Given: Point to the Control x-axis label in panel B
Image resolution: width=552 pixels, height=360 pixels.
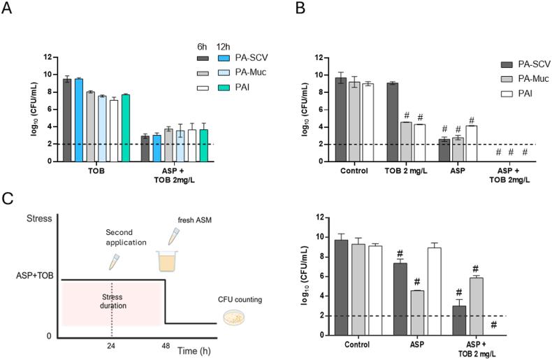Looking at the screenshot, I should (355, 171).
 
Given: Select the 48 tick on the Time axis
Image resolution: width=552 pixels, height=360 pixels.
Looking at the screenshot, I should (164, 346).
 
